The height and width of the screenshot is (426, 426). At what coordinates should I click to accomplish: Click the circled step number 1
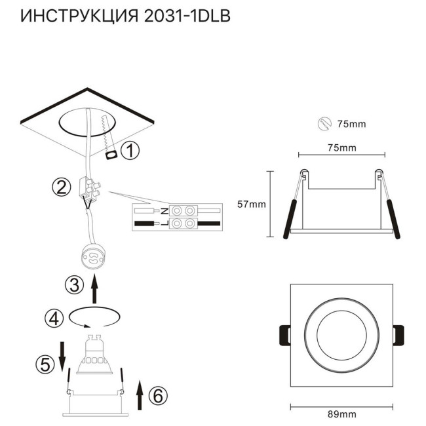tap(131, 151)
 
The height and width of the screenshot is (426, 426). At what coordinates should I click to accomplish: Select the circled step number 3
tap(74, 285)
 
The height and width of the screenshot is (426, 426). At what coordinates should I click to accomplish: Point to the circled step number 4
tap(54, 319)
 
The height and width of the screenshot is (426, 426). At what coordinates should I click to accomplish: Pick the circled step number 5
tap(44, 364)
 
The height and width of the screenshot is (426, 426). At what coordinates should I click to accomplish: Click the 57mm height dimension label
tap(251, 204)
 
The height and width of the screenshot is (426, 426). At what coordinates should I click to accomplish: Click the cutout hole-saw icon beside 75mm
tap(323, 123)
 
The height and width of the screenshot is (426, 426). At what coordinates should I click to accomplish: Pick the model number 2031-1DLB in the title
tap(187, 16)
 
